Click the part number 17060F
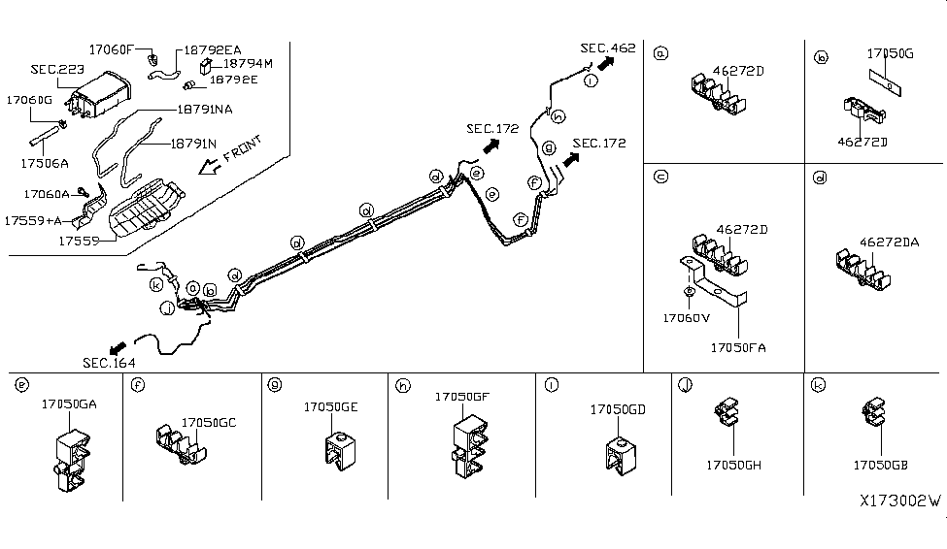(x=111, y=48)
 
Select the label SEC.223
(x=57, y=70)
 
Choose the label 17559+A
(x=33, y=220)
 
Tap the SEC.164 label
(x=110, y=363)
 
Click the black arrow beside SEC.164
(x=117, y=347)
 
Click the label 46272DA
(x=889, y=241)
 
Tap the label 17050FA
(x=738, y=347)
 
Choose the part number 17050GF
(x=461, y=397)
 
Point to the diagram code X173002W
(x=899, y=501)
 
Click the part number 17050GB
(x=880, y=465)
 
